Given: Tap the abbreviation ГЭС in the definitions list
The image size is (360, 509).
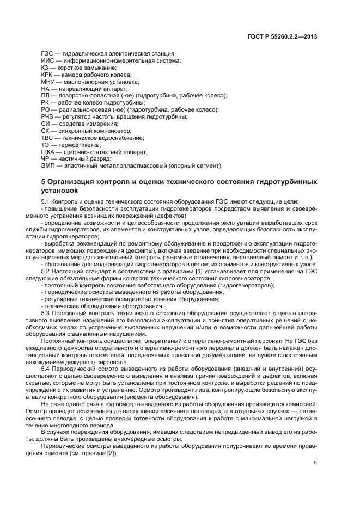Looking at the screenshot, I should (48, 53).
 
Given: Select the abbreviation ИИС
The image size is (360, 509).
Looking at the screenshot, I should (47, 60).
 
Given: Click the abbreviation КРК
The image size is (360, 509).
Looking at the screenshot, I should (47, 75).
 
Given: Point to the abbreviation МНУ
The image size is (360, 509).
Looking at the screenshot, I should (48, 82).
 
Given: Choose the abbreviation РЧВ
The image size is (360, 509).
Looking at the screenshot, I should (48, 117).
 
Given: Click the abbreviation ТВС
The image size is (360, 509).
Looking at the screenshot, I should (47, 138).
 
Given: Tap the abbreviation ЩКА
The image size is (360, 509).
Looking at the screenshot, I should (48, 152).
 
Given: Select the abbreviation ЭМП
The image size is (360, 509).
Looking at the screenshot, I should (48, 166).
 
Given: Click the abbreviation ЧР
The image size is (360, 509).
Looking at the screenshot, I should (46, 159).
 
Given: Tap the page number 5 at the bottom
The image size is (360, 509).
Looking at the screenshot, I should (315, 463).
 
